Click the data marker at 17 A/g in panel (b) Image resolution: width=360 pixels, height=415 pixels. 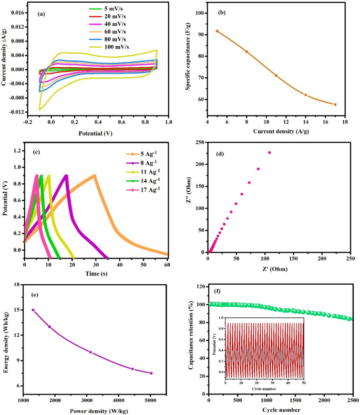(x=335, y=105)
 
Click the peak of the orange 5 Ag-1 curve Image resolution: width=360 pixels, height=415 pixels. (x=95, y=175)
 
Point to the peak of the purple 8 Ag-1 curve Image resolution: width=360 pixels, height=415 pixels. (x=66, y=175)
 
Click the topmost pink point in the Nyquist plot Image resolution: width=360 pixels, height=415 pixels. (x=269, y=152)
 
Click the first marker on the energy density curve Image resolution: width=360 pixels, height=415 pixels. (x=33, y=310)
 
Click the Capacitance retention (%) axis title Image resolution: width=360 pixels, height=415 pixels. (x=192, y=339)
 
